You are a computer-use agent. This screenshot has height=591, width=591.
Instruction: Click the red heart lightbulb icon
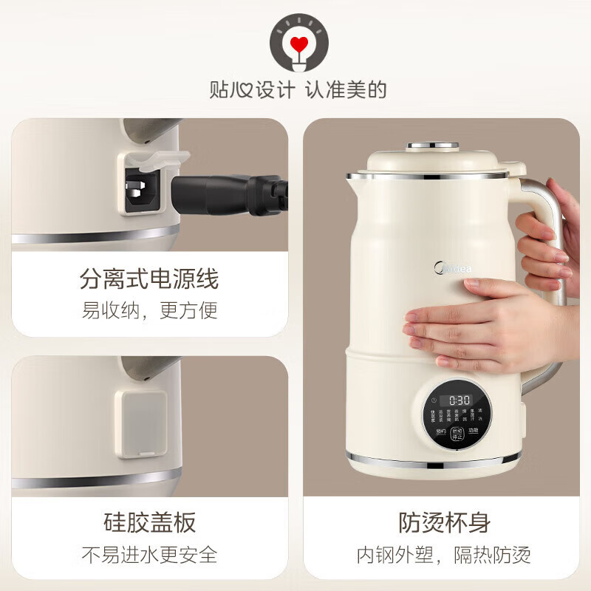click(x=298, y=44)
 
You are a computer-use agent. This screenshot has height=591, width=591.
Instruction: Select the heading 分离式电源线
click(x=149, y=279)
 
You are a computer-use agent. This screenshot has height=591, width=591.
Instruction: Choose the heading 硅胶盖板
click(x=149, y=523)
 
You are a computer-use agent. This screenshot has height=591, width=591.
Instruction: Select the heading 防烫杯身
click(x=445, y=523)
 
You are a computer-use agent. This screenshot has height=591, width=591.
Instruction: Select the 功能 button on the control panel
click(x=473, y=430)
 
